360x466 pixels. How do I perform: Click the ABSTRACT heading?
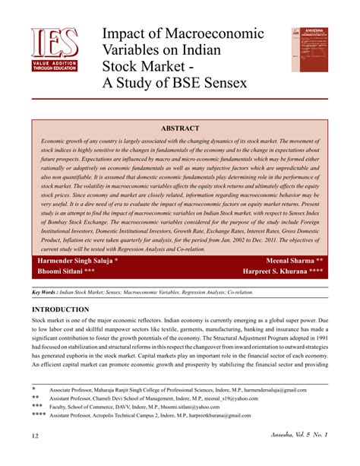179,128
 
